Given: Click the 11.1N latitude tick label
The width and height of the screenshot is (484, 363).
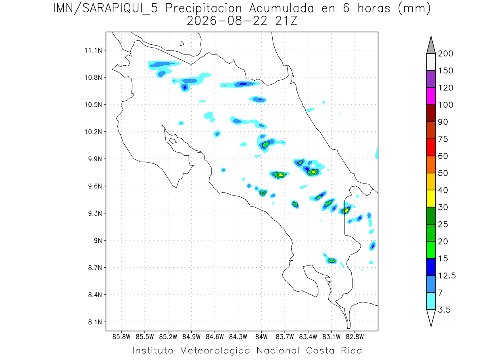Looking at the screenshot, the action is point(93,50).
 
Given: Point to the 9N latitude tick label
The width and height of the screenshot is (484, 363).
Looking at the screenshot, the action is point(98,240).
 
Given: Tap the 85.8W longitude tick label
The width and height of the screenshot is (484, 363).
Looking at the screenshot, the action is point(121,337).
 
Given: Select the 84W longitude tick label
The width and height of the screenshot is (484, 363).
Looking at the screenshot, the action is point(261,337).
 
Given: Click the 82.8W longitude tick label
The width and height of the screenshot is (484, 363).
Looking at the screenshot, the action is point(355,337).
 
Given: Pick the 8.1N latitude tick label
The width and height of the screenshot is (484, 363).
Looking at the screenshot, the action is point(95,322).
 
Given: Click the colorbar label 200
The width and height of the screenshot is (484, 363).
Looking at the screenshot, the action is point(445,54).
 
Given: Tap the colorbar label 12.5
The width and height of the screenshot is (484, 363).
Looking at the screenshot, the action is point(447,276).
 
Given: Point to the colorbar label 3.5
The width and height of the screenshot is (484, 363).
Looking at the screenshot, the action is point(444,310).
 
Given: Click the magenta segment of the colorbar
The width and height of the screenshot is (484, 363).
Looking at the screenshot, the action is point(431,96).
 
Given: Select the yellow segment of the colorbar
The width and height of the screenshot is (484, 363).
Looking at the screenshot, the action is point(431,198).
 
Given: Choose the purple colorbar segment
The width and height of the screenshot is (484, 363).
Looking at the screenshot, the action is point(431,79).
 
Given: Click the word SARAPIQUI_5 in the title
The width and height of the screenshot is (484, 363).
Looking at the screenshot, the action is point(120,9).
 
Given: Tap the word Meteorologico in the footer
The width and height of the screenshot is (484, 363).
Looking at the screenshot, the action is point(215,350).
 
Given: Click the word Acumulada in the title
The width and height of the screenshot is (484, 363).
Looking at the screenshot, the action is point(282,8).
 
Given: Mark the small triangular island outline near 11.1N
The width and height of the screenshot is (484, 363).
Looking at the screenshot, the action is point(181,44).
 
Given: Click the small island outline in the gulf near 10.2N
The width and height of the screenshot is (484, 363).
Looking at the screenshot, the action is point(173,141).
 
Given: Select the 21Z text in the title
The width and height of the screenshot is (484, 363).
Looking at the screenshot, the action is point(286,21).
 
